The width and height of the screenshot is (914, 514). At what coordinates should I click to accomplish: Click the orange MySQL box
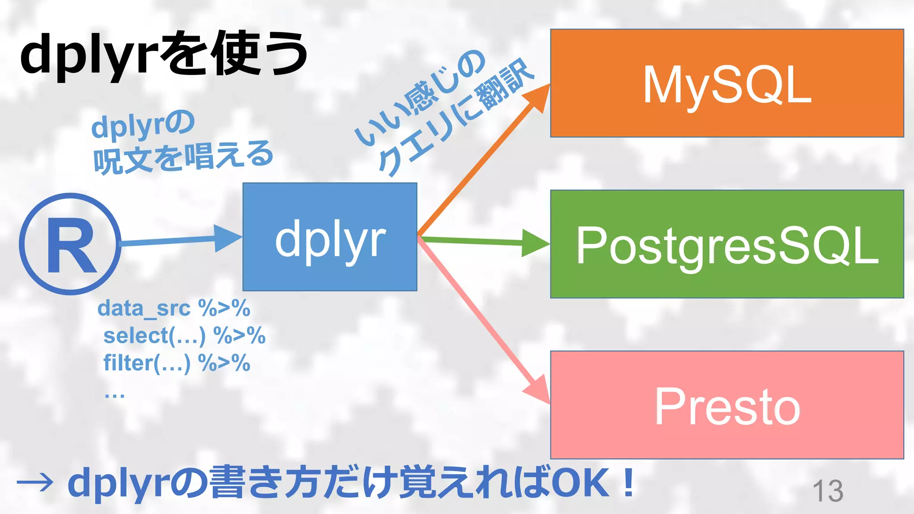point(727,83)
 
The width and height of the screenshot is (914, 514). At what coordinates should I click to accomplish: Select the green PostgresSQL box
point(727,244)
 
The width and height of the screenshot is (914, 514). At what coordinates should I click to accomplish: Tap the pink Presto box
point(727,405)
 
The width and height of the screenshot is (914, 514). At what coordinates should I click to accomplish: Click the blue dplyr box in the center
point(330,237)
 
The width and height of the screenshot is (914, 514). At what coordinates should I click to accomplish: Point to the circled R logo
point(70,244)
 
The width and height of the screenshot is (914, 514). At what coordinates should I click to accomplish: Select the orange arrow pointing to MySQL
point(482,161)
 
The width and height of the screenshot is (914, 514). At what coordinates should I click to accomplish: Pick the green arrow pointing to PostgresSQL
point(482,241)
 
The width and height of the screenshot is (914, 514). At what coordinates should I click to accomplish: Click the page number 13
point(828,491)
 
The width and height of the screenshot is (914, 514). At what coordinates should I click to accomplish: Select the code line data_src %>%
point(174,308)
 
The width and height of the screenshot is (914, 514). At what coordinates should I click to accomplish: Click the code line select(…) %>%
point(184,336)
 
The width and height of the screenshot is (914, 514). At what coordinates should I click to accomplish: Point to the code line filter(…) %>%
point(176,363)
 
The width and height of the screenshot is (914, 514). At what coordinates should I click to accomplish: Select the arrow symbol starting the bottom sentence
point(35,483)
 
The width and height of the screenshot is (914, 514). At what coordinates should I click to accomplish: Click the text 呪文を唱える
point(183,157)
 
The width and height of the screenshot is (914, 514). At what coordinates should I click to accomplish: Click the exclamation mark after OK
point(629,483)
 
